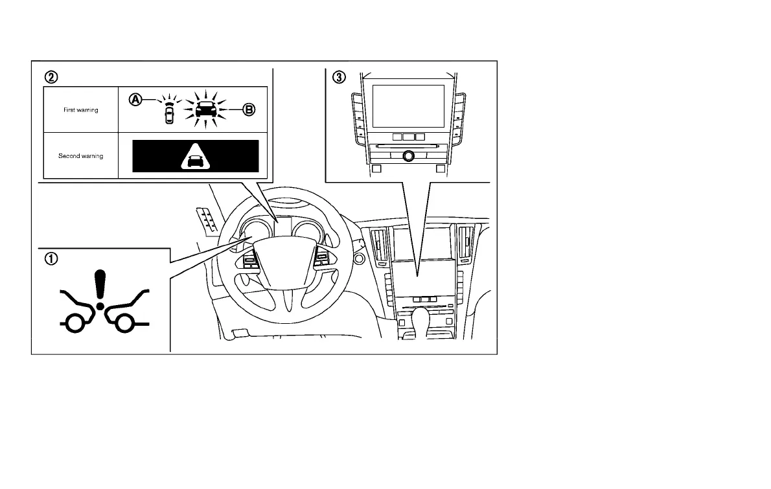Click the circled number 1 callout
pyautogui.click(x=50, y=258)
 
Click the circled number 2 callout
pyautogui.click(x=50, y=76)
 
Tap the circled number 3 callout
pyautogui.click(x=339, y=76)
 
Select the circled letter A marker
pyautogui.click(x=135, y=100)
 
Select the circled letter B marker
pyautogui.click(x=249, y=110)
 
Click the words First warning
pyautogui.click(x=81, y=110)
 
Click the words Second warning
pyautogui.click(x=81, y=156)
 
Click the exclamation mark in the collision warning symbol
pyautogui.click(x=99, y=288)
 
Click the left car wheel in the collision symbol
pyautogui.click(x=77, y=323)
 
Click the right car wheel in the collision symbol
pyautogui.click(x=122, y=323)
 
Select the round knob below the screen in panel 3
pyautogui.click(x=408, y=155)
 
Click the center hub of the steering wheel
pyautogui.click(x=281, y=256)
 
